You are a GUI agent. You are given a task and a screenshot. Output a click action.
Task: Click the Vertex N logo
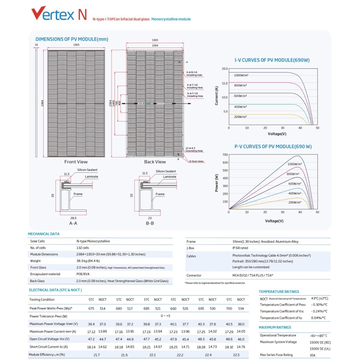(59, 14)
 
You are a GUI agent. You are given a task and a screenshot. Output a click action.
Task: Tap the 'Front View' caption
(76, 162)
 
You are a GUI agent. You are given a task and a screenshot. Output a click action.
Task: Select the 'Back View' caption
(155, 162)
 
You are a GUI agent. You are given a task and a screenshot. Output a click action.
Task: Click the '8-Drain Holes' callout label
(196, 161)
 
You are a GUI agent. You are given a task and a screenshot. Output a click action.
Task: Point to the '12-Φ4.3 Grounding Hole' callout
(194, 149)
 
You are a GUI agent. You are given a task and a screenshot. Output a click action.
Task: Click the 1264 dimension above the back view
(155, 46)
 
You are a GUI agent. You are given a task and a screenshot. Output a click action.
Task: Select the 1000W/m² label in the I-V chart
(241, 75)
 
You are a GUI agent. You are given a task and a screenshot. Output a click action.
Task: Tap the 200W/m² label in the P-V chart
(295, 202)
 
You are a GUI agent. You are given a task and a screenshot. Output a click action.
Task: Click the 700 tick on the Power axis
(225, 155)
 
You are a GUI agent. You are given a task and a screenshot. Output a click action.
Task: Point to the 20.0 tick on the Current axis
(225, 69)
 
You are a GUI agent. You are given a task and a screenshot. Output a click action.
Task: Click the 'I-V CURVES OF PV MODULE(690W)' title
(272, 60)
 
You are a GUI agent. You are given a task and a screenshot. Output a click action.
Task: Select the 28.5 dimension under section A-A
(73, 218)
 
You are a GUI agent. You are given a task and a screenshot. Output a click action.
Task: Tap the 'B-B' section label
(150, 223)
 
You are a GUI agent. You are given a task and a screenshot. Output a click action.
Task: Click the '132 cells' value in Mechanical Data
(83, 248)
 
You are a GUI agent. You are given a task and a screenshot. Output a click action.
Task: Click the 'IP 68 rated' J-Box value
(240, 248)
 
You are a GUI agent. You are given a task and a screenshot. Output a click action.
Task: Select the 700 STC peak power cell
(229, 308)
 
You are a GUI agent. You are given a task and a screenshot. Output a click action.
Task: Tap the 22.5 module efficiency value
(236, 355)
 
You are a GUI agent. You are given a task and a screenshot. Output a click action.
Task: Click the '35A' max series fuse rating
(313, 355)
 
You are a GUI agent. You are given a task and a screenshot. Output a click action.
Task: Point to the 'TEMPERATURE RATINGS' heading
(279, 292)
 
